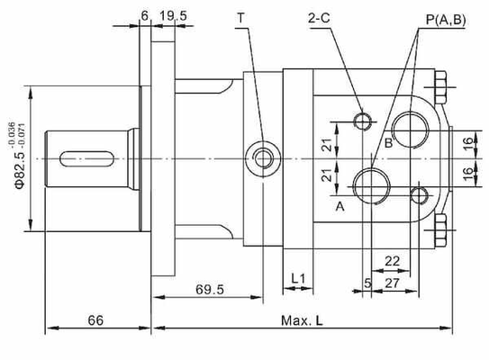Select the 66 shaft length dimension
click(x=95, y=320)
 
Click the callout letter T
click(x=240, y=17)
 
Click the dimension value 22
click(x=393, y=261)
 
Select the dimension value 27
click(x=392, y=282)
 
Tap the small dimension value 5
click(x=367, y=282)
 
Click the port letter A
click(x=340, y=206)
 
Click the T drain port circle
click(x=263, y=159)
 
